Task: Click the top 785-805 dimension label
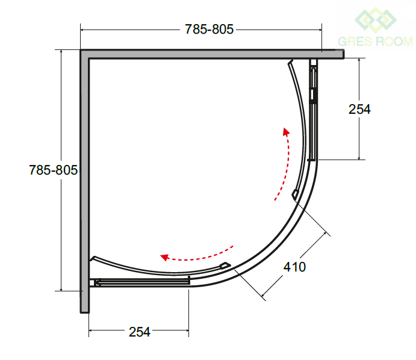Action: coord(209,29)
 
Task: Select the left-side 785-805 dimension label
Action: coord(53,170)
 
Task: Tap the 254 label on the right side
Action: coord(359,109)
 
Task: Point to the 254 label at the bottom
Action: coord(140,332)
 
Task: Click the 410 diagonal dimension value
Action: coord(294,267)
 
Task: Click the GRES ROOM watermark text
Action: coord(376,42)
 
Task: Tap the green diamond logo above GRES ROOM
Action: coord(376,20)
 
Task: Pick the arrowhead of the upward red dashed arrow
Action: coord(286,132)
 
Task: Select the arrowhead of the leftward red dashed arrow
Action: coord(164,257)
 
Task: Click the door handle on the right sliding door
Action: coord(294,194)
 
